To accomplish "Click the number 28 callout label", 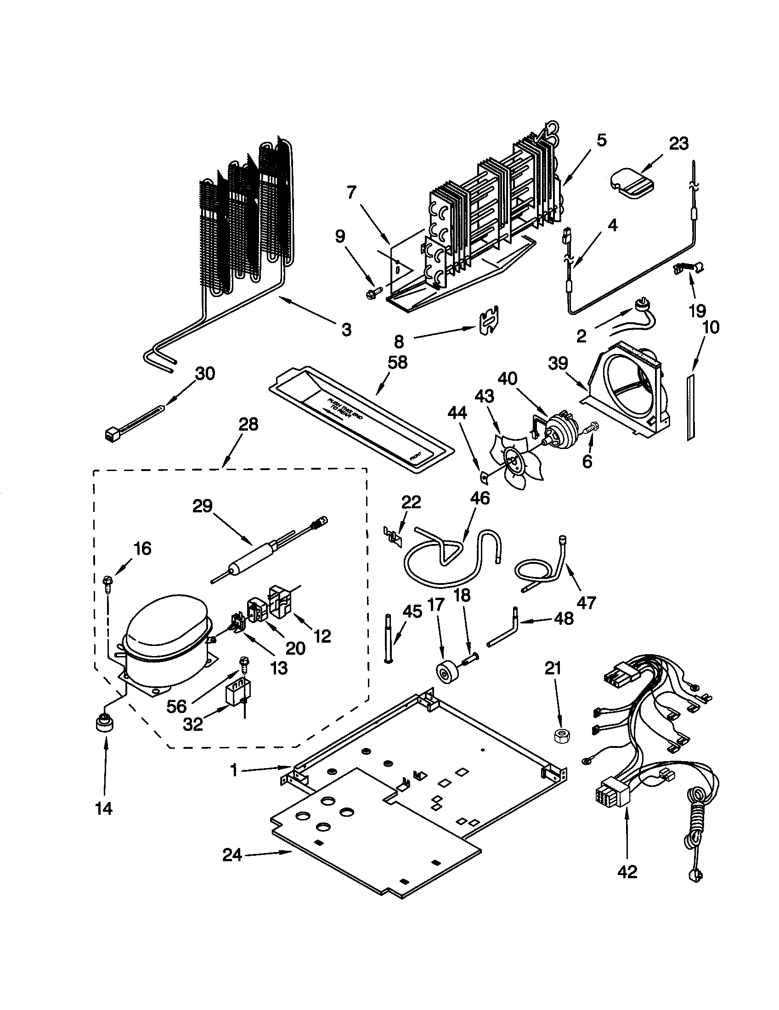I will tap(248, 425).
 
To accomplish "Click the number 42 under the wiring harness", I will tap(627, 872).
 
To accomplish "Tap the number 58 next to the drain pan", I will tap(397, 362).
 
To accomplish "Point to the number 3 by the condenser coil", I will tap(346, 329).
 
